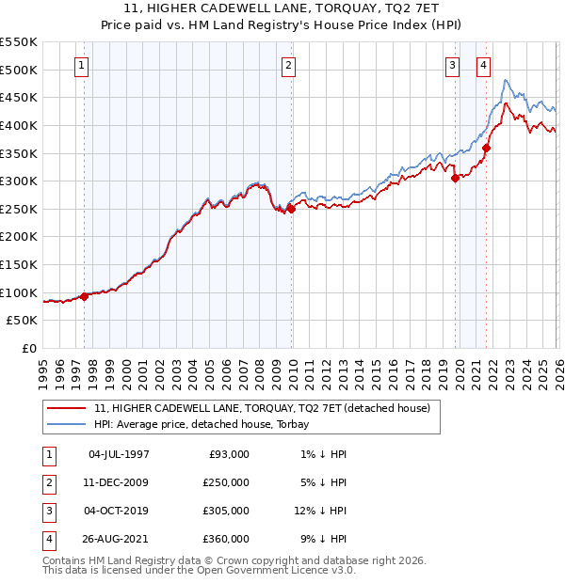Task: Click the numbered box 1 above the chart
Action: (83, 66)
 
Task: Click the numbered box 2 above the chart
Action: (287, 66)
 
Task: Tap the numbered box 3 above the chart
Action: (453, 66)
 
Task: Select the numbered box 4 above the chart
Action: (483, 66)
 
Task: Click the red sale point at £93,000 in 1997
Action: (85, 296)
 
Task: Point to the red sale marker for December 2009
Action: (291, 209)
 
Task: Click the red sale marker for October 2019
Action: (455, 178)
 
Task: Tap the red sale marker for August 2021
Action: (487, 148)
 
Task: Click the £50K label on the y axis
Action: (23, 321)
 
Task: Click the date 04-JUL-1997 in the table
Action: (119, 454)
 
